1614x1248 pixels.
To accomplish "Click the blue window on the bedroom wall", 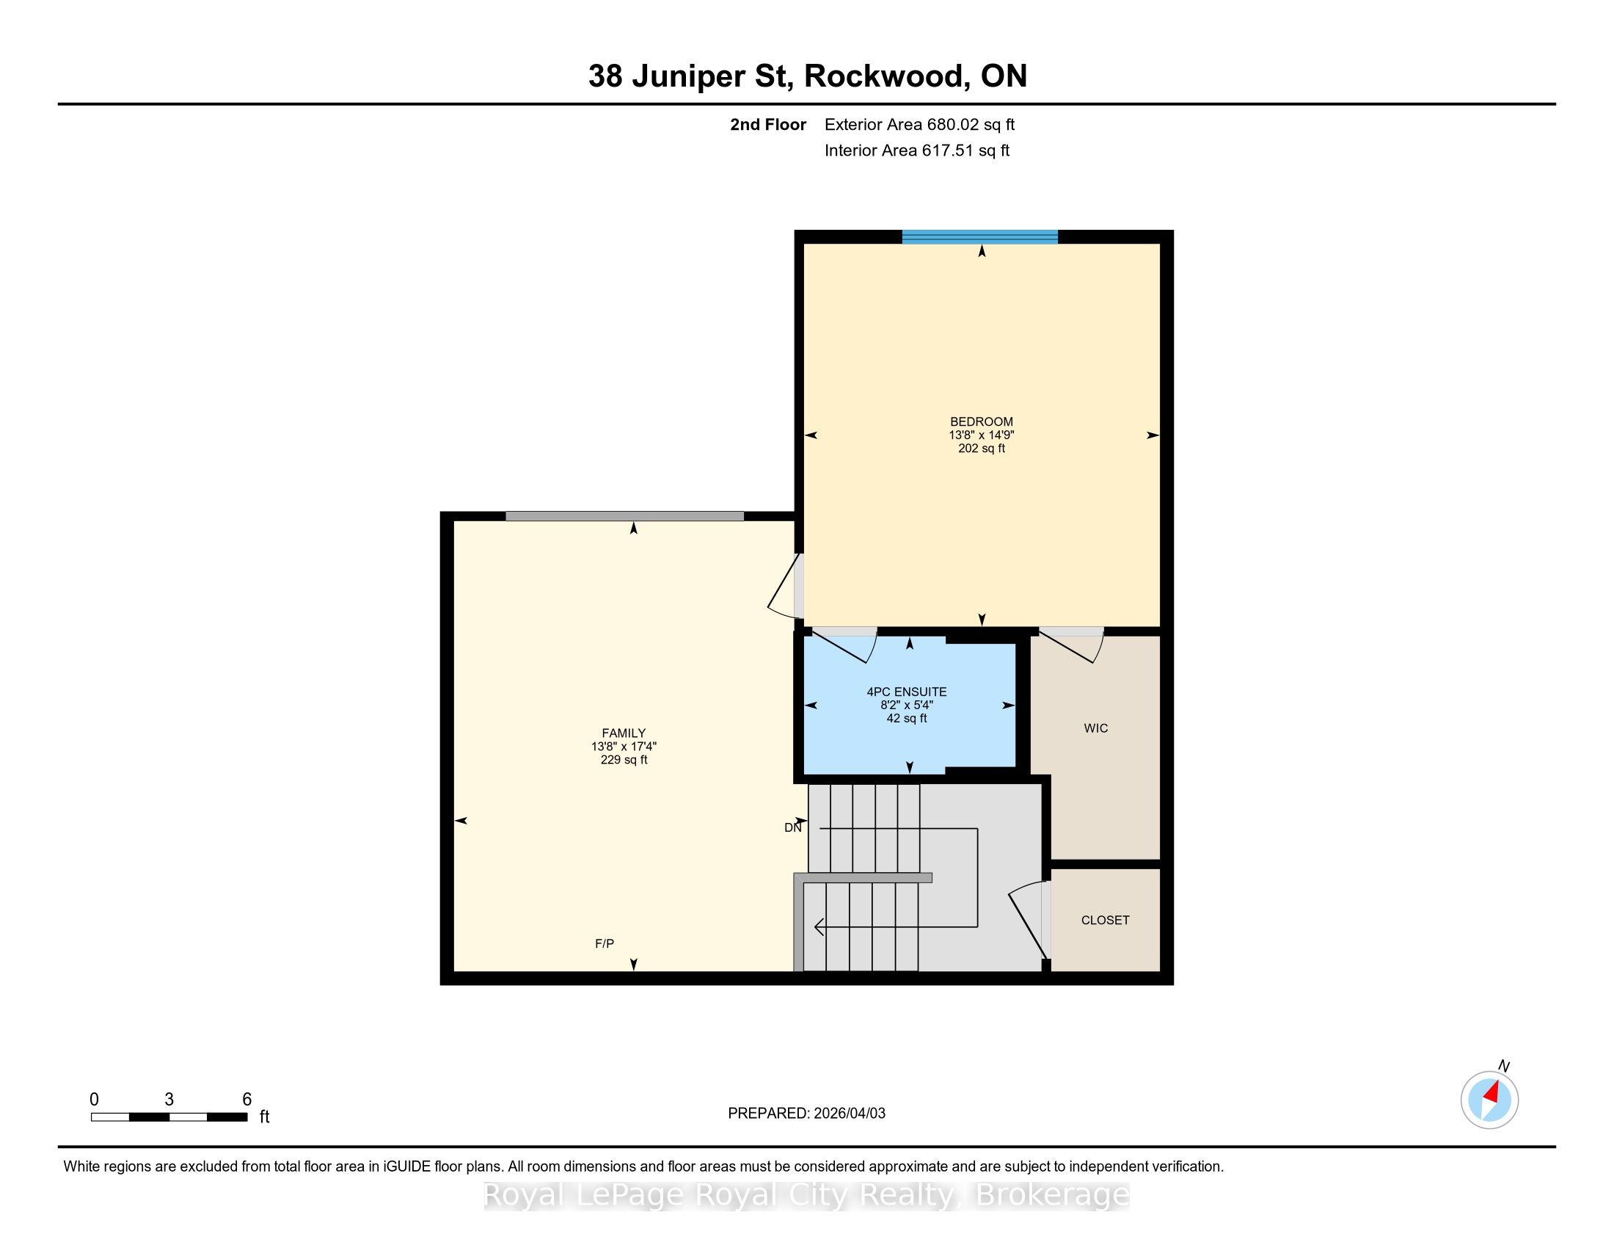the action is click(x=980, y=237).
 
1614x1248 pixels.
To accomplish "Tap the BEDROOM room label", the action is click(x=982, y=422).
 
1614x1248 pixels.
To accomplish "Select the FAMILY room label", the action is click(x=624, y=733).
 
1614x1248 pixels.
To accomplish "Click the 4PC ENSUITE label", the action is click(x=907, y=692).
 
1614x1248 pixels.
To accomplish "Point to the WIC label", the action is click(x=1096, y=728).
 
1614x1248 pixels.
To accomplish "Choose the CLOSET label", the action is click(x=1106, y=921).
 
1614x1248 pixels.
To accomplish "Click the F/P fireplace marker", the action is click(x=605, y=943).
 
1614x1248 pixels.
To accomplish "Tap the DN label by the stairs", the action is click(x=793, y=828).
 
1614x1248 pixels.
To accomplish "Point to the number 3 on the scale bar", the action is click(x=169, y=1100).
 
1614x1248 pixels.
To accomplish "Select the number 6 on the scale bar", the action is click(x=247, y=1100).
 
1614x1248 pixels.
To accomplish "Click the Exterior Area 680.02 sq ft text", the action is click(x=919, y=124).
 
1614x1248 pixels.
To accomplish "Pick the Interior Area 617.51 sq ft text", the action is click(x=917, y=150).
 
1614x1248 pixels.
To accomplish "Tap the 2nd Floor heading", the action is click(x=768, y=124).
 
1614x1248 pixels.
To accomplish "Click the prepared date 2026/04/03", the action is click(x=849, y=1114).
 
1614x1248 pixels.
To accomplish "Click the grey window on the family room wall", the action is click(x=624, y=516).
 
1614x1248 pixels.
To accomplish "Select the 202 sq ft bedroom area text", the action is click(x=982, y=449).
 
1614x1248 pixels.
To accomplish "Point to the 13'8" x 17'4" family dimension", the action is click(x=624, y=747).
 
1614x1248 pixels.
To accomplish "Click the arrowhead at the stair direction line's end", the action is click(x=819, y=926).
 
